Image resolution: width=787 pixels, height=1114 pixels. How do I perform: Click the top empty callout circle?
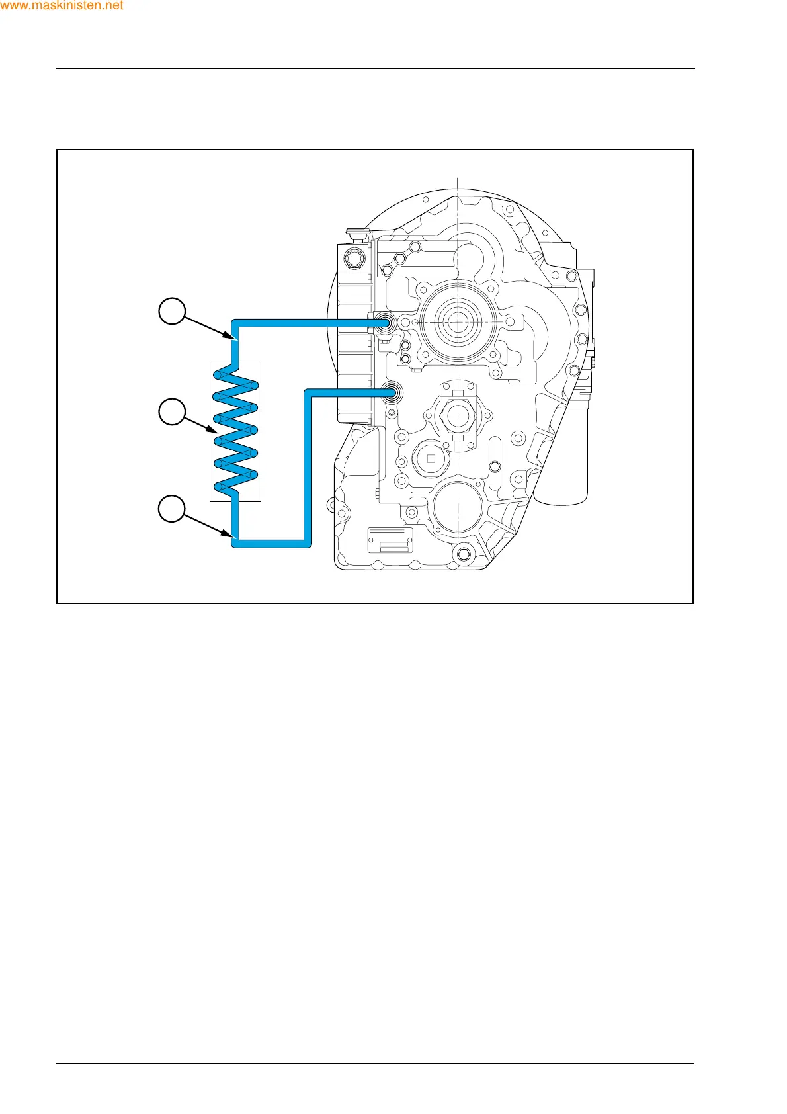[172, 311]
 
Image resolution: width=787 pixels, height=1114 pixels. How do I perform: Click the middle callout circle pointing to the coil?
[172, 411]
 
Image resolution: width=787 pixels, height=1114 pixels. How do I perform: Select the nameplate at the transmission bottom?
[390, 540]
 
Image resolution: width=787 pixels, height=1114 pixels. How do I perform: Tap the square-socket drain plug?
[431, 458]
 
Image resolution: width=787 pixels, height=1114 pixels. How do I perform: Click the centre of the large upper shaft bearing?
[457, 323]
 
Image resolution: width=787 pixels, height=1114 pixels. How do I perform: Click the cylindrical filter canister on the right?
[561, 456]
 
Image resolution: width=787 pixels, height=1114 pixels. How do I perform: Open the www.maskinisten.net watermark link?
[62, 6]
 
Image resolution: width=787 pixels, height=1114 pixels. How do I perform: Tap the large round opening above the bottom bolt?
[457, 506]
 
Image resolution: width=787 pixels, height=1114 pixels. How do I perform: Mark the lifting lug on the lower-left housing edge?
[331, 507]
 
